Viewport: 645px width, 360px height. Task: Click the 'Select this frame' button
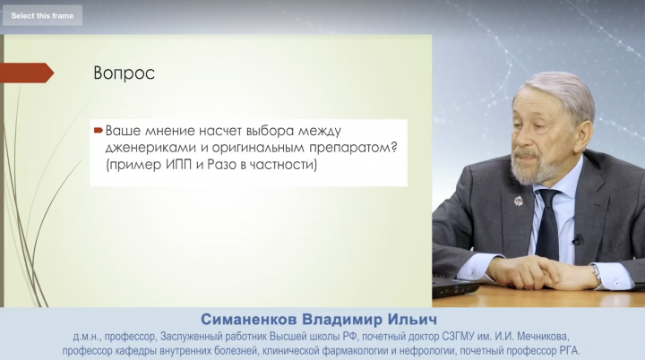[42, 15]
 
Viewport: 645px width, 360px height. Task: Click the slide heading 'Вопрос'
[125, 73]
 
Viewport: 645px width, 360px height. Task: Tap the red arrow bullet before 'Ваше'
[99, 131]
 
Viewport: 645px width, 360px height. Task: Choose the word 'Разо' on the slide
[222, 165]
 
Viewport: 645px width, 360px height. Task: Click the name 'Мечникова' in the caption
[543, 337]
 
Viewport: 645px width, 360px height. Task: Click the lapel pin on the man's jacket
[519, 201]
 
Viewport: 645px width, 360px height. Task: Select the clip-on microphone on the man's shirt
[578, 239]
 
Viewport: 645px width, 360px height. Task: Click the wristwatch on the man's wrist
[597, 274]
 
